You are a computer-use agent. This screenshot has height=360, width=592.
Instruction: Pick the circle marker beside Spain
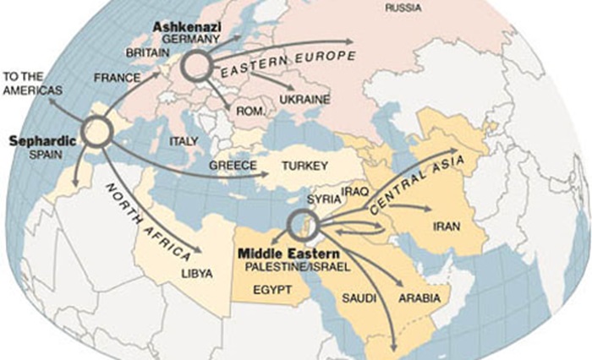tap(97, 132)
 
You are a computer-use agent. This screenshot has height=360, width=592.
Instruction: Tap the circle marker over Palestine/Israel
tap(299, 224)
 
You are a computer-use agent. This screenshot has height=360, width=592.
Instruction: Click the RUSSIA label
tap(404, 8)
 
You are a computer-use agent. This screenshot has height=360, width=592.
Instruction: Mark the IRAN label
tap(446, 227)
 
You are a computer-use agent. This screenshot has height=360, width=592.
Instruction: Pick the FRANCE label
tap(117, 77)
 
